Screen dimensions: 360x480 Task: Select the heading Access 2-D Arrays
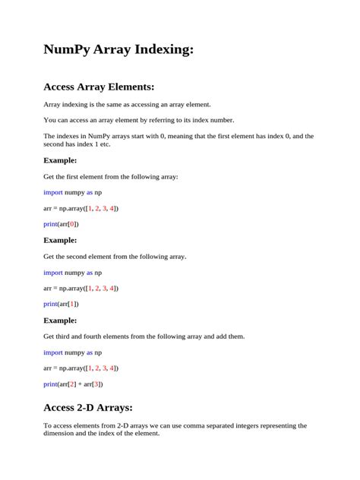(x=89, y=406)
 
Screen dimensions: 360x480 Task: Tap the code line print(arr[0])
(x=61, y=224)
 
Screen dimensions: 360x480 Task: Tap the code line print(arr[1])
(x=61, y=304)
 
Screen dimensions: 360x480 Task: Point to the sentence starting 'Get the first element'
(x=111, y=176)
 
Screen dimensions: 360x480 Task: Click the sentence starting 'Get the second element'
(x=115, y=256)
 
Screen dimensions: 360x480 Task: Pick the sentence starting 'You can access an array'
(x=139, y=120)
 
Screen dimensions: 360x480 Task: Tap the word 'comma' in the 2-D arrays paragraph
(x=197, y=425)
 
